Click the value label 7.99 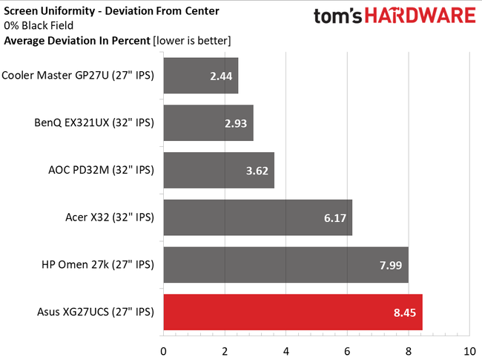pos(389,265)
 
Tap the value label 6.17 pos(334,217)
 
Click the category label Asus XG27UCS pos(94,312)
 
